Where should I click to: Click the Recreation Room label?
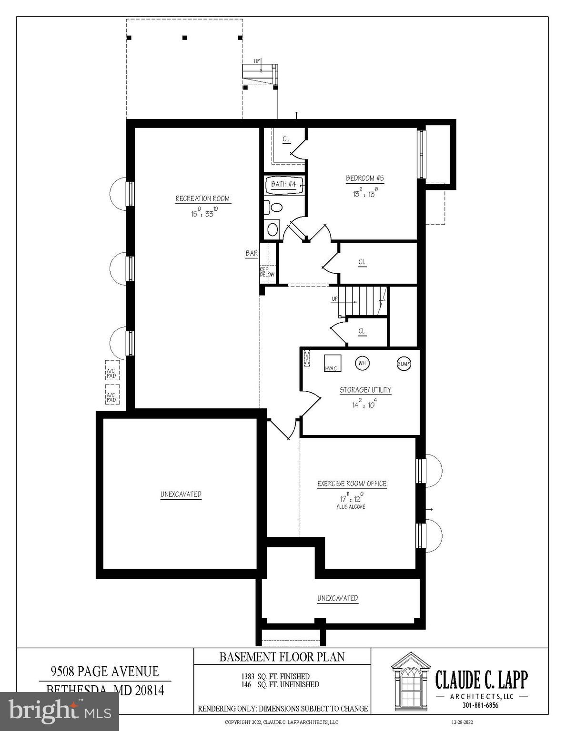202,198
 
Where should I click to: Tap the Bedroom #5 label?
364,178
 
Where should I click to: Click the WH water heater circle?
362,364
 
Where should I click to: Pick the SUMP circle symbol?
404,364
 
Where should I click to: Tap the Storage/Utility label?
365,390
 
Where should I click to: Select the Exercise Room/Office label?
352,484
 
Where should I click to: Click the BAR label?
252,254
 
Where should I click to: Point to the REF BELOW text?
267,272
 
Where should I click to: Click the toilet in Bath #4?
275,207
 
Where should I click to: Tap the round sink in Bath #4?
272,229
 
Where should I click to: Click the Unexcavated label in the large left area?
181,494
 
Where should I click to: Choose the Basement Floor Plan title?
282,657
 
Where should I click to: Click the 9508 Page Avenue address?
105,672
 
